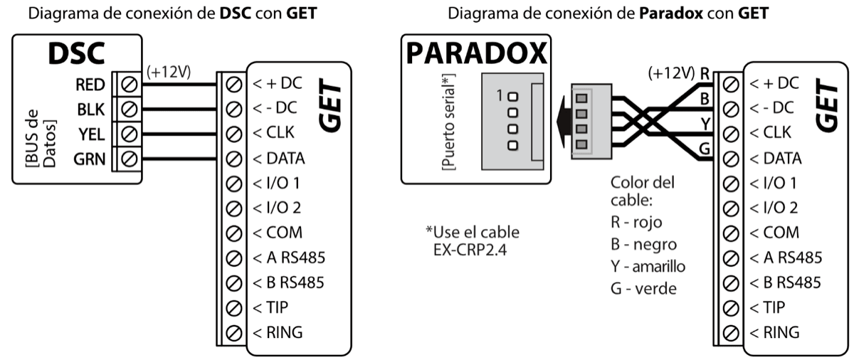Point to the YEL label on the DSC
click(x=91, y=133)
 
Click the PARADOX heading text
click(x=476, y=54)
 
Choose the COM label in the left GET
click(x=277, y=233)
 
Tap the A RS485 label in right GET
click(x=786, y=257)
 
